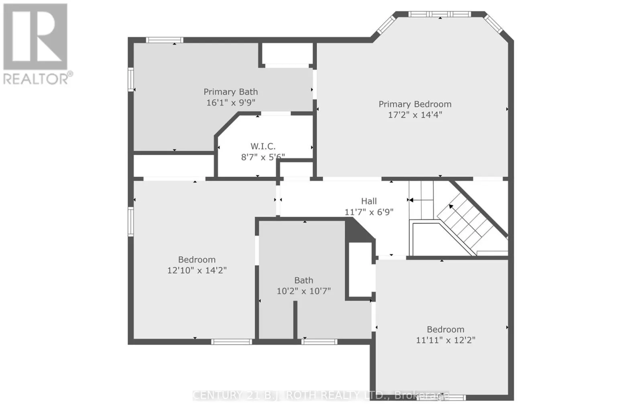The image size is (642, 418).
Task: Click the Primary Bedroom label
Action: point(415,104)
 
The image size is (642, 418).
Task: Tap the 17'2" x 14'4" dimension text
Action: point(415,115)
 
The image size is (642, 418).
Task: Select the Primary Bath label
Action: point(230,92)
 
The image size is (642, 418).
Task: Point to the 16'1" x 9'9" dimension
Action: point(230,103)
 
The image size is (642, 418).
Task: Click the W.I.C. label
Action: point(263,146)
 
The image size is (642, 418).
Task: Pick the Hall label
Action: point(369,201)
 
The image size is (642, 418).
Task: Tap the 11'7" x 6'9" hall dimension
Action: point(369,212)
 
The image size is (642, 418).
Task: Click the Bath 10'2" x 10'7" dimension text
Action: point(303,291)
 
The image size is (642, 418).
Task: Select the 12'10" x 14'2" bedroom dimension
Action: point(197,270)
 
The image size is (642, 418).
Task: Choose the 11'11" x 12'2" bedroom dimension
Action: point(445,340)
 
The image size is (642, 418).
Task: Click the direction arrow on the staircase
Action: point(451,207)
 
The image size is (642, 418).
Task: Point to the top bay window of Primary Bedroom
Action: point(440,14)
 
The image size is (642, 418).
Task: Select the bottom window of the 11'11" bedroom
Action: point(441,398)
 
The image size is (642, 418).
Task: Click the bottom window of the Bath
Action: point(319,342)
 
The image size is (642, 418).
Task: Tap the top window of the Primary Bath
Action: point(164,40)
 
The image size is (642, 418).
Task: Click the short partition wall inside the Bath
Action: point(295,320)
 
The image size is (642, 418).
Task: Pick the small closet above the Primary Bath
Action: point(287,53)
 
